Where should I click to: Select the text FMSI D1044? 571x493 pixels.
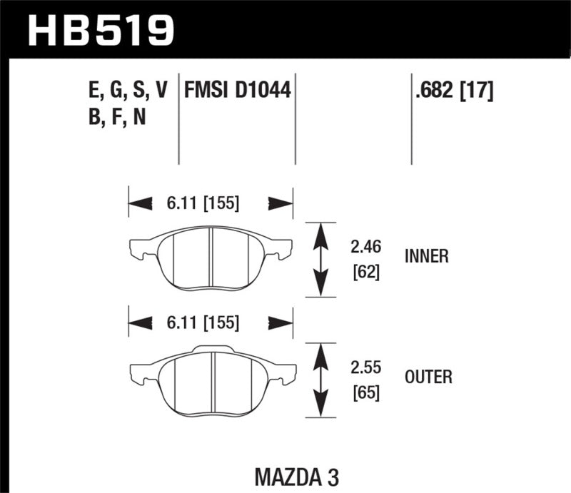tap(238, 91)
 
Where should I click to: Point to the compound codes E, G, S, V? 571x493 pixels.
tap(126, 91)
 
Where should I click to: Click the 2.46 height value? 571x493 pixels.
tap(366, 248)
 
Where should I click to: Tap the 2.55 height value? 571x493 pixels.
tap(366, 368)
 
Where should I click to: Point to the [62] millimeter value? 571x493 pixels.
tap(365, 272)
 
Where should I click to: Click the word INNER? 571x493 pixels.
tap(426, 257)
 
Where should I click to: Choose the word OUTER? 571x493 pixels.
tap(428, 376)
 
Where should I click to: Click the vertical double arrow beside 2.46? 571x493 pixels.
tap(321, 258)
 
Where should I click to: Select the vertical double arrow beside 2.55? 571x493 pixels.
tap(321, 379)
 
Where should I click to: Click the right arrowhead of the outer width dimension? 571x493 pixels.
tap(280, 322)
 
